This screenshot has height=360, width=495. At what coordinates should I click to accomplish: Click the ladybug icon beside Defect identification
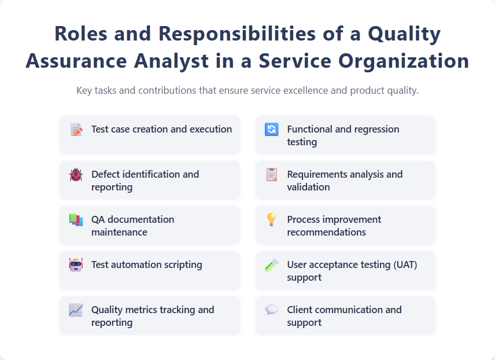pos(76,175)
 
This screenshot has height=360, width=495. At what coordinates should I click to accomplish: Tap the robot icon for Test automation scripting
pos(76,265)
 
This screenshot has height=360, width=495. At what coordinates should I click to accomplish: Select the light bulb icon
pos(271,220)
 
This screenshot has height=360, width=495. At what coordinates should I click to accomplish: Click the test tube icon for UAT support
pos(271,265)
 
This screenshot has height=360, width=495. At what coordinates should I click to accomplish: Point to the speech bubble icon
pos(271,310)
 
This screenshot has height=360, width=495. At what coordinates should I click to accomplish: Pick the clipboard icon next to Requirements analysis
pos(271,175)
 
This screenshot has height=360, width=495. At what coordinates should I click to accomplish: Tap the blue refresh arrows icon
pos(271,130)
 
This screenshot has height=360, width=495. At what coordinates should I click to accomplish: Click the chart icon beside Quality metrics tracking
pos(76,310)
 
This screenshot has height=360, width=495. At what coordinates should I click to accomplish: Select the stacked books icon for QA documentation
pos(76,220)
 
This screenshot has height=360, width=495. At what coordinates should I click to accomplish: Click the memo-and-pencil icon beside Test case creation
pos(76,130)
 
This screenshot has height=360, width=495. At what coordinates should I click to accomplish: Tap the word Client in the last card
pos(300,310)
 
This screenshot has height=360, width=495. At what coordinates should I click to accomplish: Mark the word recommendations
pos(326,232)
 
